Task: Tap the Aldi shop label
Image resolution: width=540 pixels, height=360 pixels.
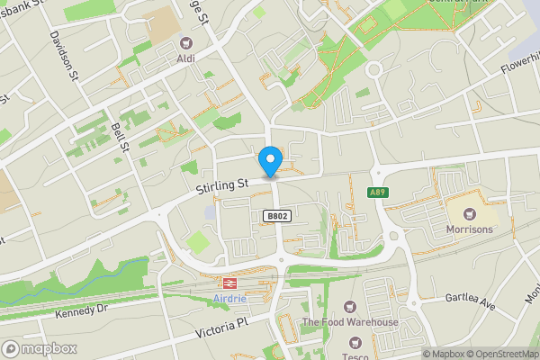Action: [x=186, y=58]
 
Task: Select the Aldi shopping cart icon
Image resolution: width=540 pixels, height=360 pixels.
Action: [x=186, y=42]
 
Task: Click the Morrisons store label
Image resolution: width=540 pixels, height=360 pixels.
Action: [x=468, y=230]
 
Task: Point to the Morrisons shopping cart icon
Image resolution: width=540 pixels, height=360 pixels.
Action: [x=468, y=214]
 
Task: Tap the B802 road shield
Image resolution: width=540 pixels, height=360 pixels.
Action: [x=275, y=216]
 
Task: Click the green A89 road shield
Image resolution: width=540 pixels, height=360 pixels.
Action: [x=378, y=192]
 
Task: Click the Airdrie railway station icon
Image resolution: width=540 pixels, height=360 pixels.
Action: [x=232, y=282]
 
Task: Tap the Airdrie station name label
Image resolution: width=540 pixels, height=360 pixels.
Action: [x=232, y=298]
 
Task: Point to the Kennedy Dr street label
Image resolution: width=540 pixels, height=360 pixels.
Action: [x=80, y=310]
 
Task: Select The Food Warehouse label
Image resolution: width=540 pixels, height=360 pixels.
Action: [x=349, y=323]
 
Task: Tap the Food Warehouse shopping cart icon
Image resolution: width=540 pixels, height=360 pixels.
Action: [x=349, y=307]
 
